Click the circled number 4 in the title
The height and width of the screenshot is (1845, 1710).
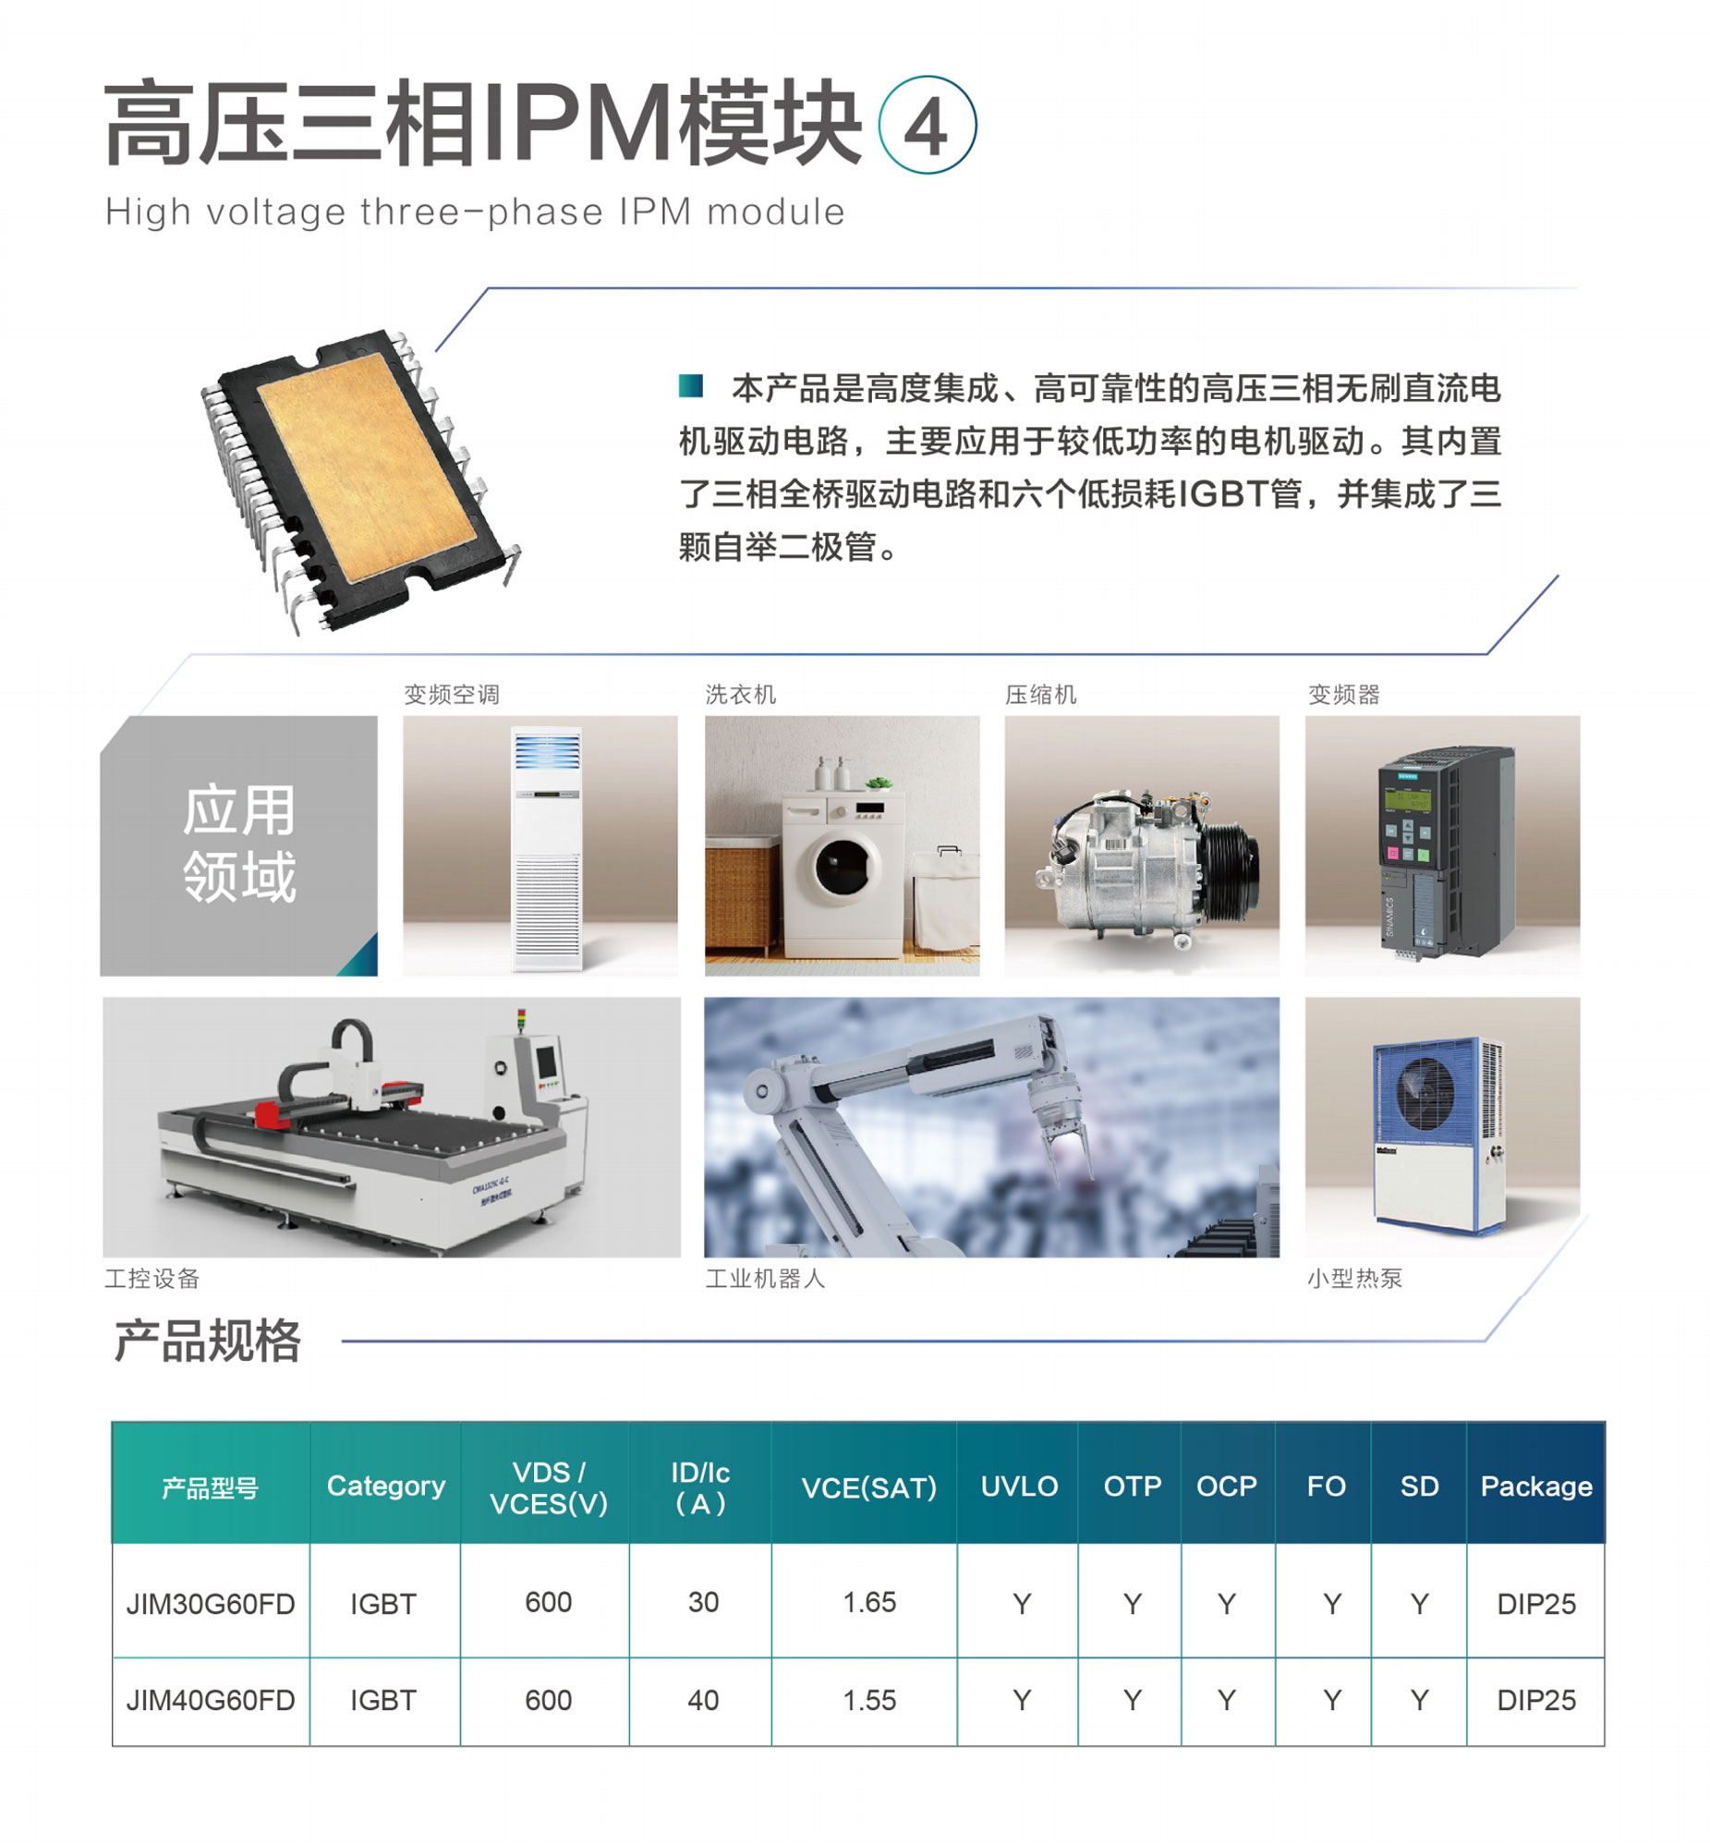point(927,125)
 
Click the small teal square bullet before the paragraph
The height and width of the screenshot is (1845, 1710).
point(690,386)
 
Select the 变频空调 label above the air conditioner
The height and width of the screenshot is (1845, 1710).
point(452,694)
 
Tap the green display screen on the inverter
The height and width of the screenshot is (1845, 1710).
point(1406,798)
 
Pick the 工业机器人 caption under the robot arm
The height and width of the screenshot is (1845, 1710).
point(765,1279)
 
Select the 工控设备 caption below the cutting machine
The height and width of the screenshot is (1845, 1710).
point(152,1279)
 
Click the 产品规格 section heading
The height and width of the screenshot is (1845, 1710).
point(207,1341)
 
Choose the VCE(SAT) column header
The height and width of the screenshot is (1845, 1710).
point(869,1487)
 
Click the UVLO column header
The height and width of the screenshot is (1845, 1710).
point(1019,1486)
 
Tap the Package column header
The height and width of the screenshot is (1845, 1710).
point(1536,1486)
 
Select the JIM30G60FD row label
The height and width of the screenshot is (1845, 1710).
point(210,1604)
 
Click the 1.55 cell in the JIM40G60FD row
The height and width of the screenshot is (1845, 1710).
point(869,1700)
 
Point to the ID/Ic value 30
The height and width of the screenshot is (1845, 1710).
point(703,1602)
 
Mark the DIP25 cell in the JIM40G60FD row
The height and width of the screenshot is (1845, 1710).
point(1536,1700)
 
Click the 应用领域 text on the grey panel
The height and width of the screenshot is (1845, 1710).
point(239,844)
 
